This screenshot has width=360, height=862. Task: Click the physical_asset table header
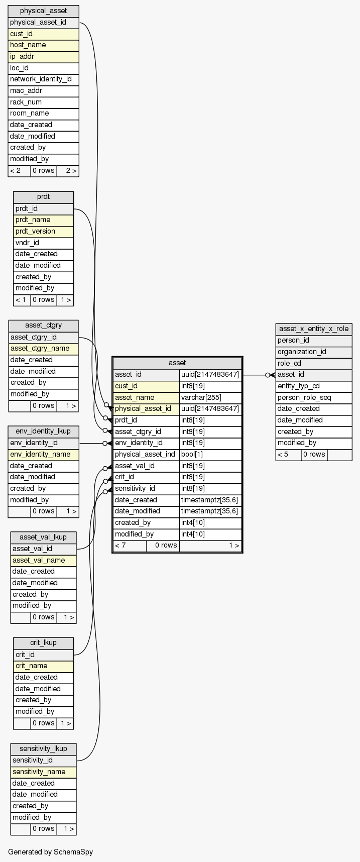coord(43,11)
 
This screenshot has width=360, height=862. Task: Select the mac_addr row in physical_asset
coord(43,91)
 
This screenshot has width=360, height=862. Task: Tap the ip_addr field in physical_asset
coord(43,57)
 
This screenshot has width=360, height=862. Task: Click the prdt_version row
coord(43,232)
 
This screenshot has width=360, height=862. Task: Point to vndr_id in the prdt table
coord(43,243)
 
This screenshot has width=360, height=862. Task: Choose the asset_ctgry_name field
coord(43,349)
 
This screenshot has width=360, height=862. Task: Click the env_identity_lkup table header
coord(43,432)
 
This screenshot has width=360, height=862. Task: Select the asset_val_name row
coord(43,560)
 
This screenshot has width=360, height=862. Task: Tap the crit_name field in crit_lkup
coord(43,666)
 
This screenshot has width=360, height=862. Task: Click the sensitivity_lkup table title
coord(43,749)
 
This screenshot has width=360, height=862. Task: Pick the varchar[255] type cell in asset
coord(210,397)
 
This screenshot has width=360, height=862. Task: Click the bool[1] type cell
coord(210,455)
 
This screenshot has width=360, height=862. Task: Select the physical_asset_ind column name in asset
coord(146,455)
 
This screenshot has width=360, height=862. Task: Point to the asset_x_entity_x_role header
coord(313,329)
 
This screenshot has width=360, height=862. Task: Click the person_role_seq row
coord(313,398)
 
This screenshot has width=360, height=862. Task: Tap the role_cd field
coord(313,363)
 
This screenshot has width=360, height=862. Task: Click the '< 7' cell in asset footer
coord(130,546)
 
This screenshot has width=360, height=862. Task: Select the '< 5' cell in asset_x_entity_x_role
coord(288,455)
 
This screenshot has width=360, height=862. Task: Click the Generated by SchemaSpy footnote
coord(50,852)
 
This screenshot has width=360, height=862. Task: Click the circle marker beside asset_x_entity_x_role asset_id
coord(268,375)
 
